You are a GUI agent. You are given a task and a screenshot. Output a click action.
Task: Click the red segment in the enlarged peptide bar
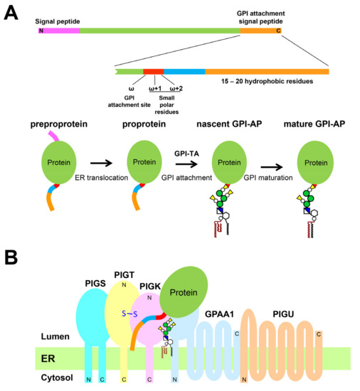coord(153,71)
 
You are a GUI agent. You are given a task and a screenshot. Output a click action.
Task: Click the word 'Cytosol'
coord(31,380)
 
